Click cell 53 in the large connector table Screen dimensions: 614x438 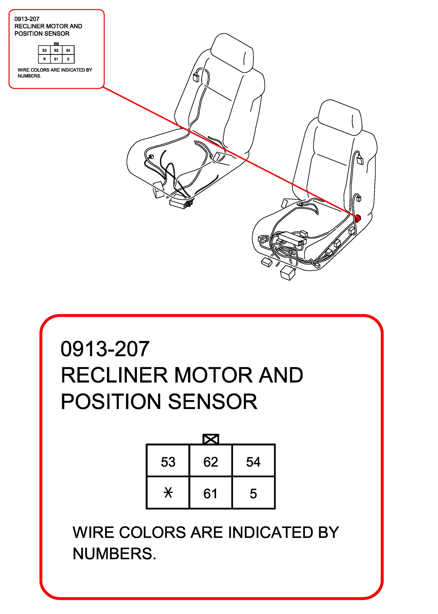pos(168,462)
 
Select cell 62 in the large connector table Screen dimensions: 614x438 pos(211,462)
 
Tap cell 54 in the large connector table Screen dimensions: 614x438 pos(253,462)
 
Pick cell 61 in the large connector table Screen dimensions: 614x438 pos(211,494)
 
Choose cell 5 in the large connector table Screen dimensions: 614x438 pos(253,494)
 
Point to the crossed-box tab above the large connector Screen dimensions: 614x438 pos(211,439)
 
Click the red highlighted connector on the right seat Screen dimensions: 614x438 pos(358,218)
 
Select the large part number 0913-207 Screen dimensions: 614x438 pos(105,349)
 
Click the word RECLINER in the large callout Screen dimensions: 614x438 pos(114,375)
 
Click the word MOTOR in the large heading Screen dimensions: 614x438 pos(213,375)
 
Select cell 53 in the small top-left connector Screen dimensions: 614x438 pos(44,50)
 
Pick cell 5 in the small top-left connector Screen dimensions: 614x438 pos(68,59)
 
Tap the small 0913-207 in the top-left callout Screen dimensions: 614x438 pos(27,19)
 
